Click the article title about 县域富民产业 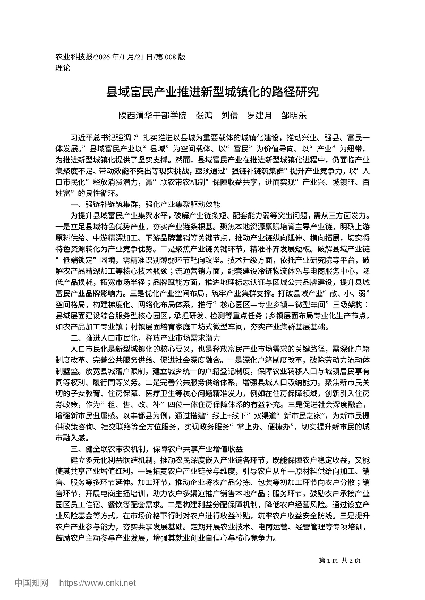coord(212,92)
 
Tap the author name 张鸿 coord(204,115)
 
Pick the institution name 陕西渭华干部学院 coord(152,115)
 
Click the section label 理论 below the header coord(63,68)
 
